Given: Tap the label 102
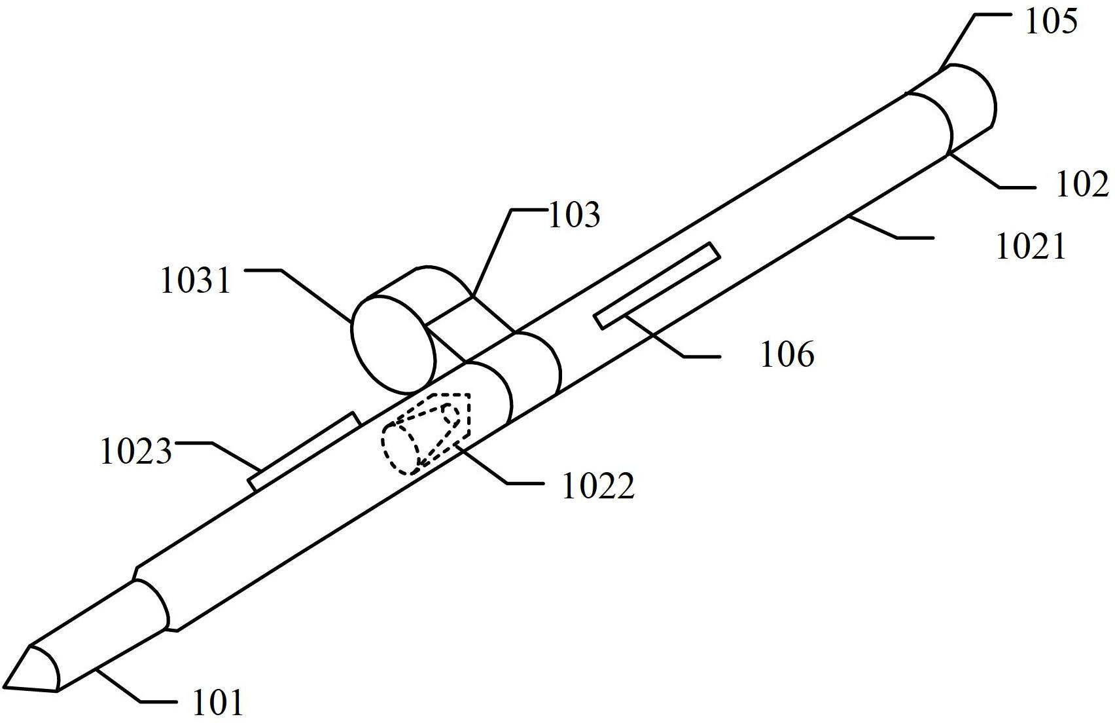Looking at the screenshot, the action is tap(1082, 185).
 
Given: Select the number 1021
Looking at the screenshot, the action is tap(1031, 247).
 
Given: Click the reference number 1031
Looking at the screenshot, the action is tap(196, 280).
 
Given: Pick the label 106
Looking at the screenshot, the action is tap(787, 354).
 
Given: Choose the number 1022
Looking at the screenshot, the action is tap(598, 486).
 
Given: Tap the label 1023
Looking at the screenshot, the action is tap(136, 452).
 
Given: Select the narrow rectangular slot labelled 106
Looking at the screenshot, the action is tap(658, 286).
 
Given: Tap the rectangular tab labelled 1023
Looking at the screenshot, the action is tap(304, 451).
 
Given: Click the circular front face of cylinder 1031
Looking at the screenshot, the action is tap(394, 345).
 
